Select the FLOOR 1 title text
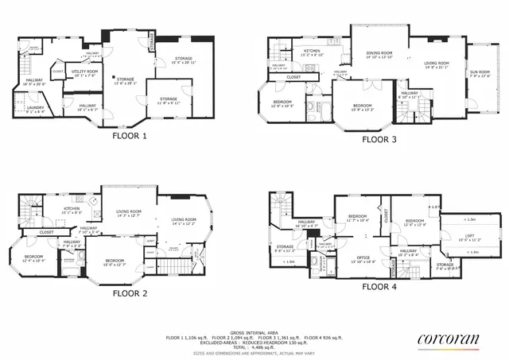point(129,135)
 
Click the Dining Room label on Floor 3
point(380,54)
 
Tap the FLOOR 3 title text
point(379,138)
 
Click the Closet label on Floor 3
point(293,77)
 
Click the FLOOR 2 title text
point(130,292)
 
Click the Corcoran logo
point(449,340)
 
